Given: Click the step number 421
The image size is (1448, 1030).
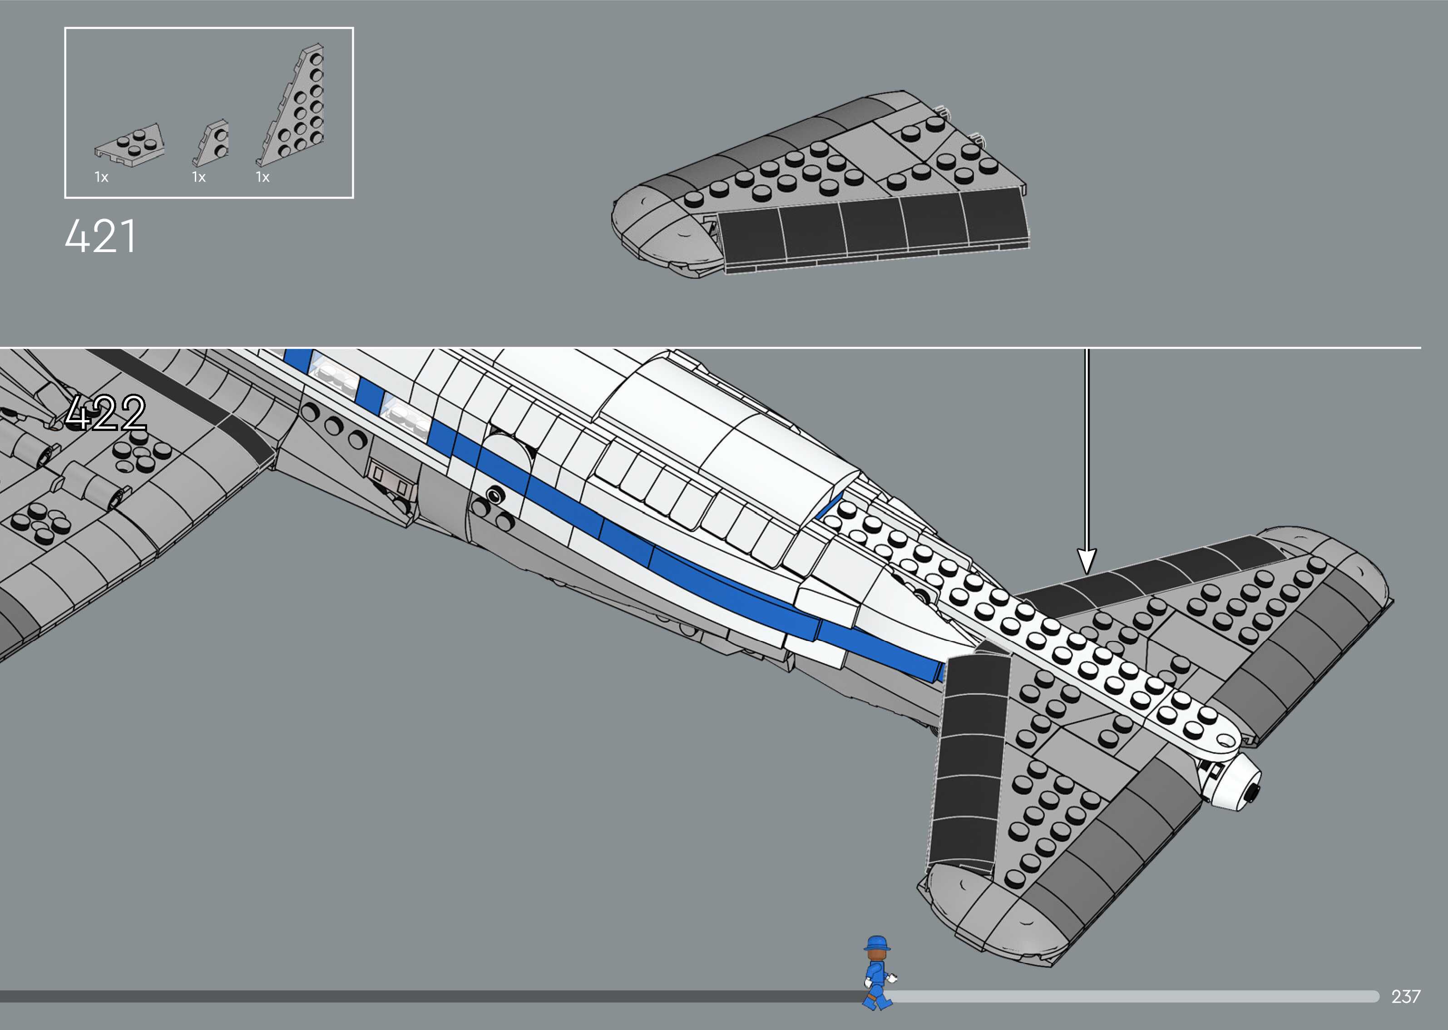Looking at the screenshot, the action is [x=100, y=237].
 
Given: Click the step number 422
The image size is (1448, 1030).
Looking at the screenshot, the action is [x=105, y=413].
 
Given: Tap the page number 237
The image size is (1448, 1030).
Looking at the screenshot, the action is [x=1405, y=996].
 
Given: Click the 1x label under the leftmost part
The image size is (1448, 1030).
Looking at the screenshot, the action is [x=101, y=178].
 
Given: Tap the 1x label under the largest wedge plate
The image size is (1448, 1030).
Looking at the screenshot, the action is [x=262, y=178].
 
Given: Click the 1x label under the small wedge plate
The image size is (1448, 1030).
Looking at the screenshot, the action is [x=199, y=178].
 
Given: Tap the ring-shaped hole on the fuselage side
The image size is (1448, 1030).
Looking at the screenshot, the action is [x=493, y=495].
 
